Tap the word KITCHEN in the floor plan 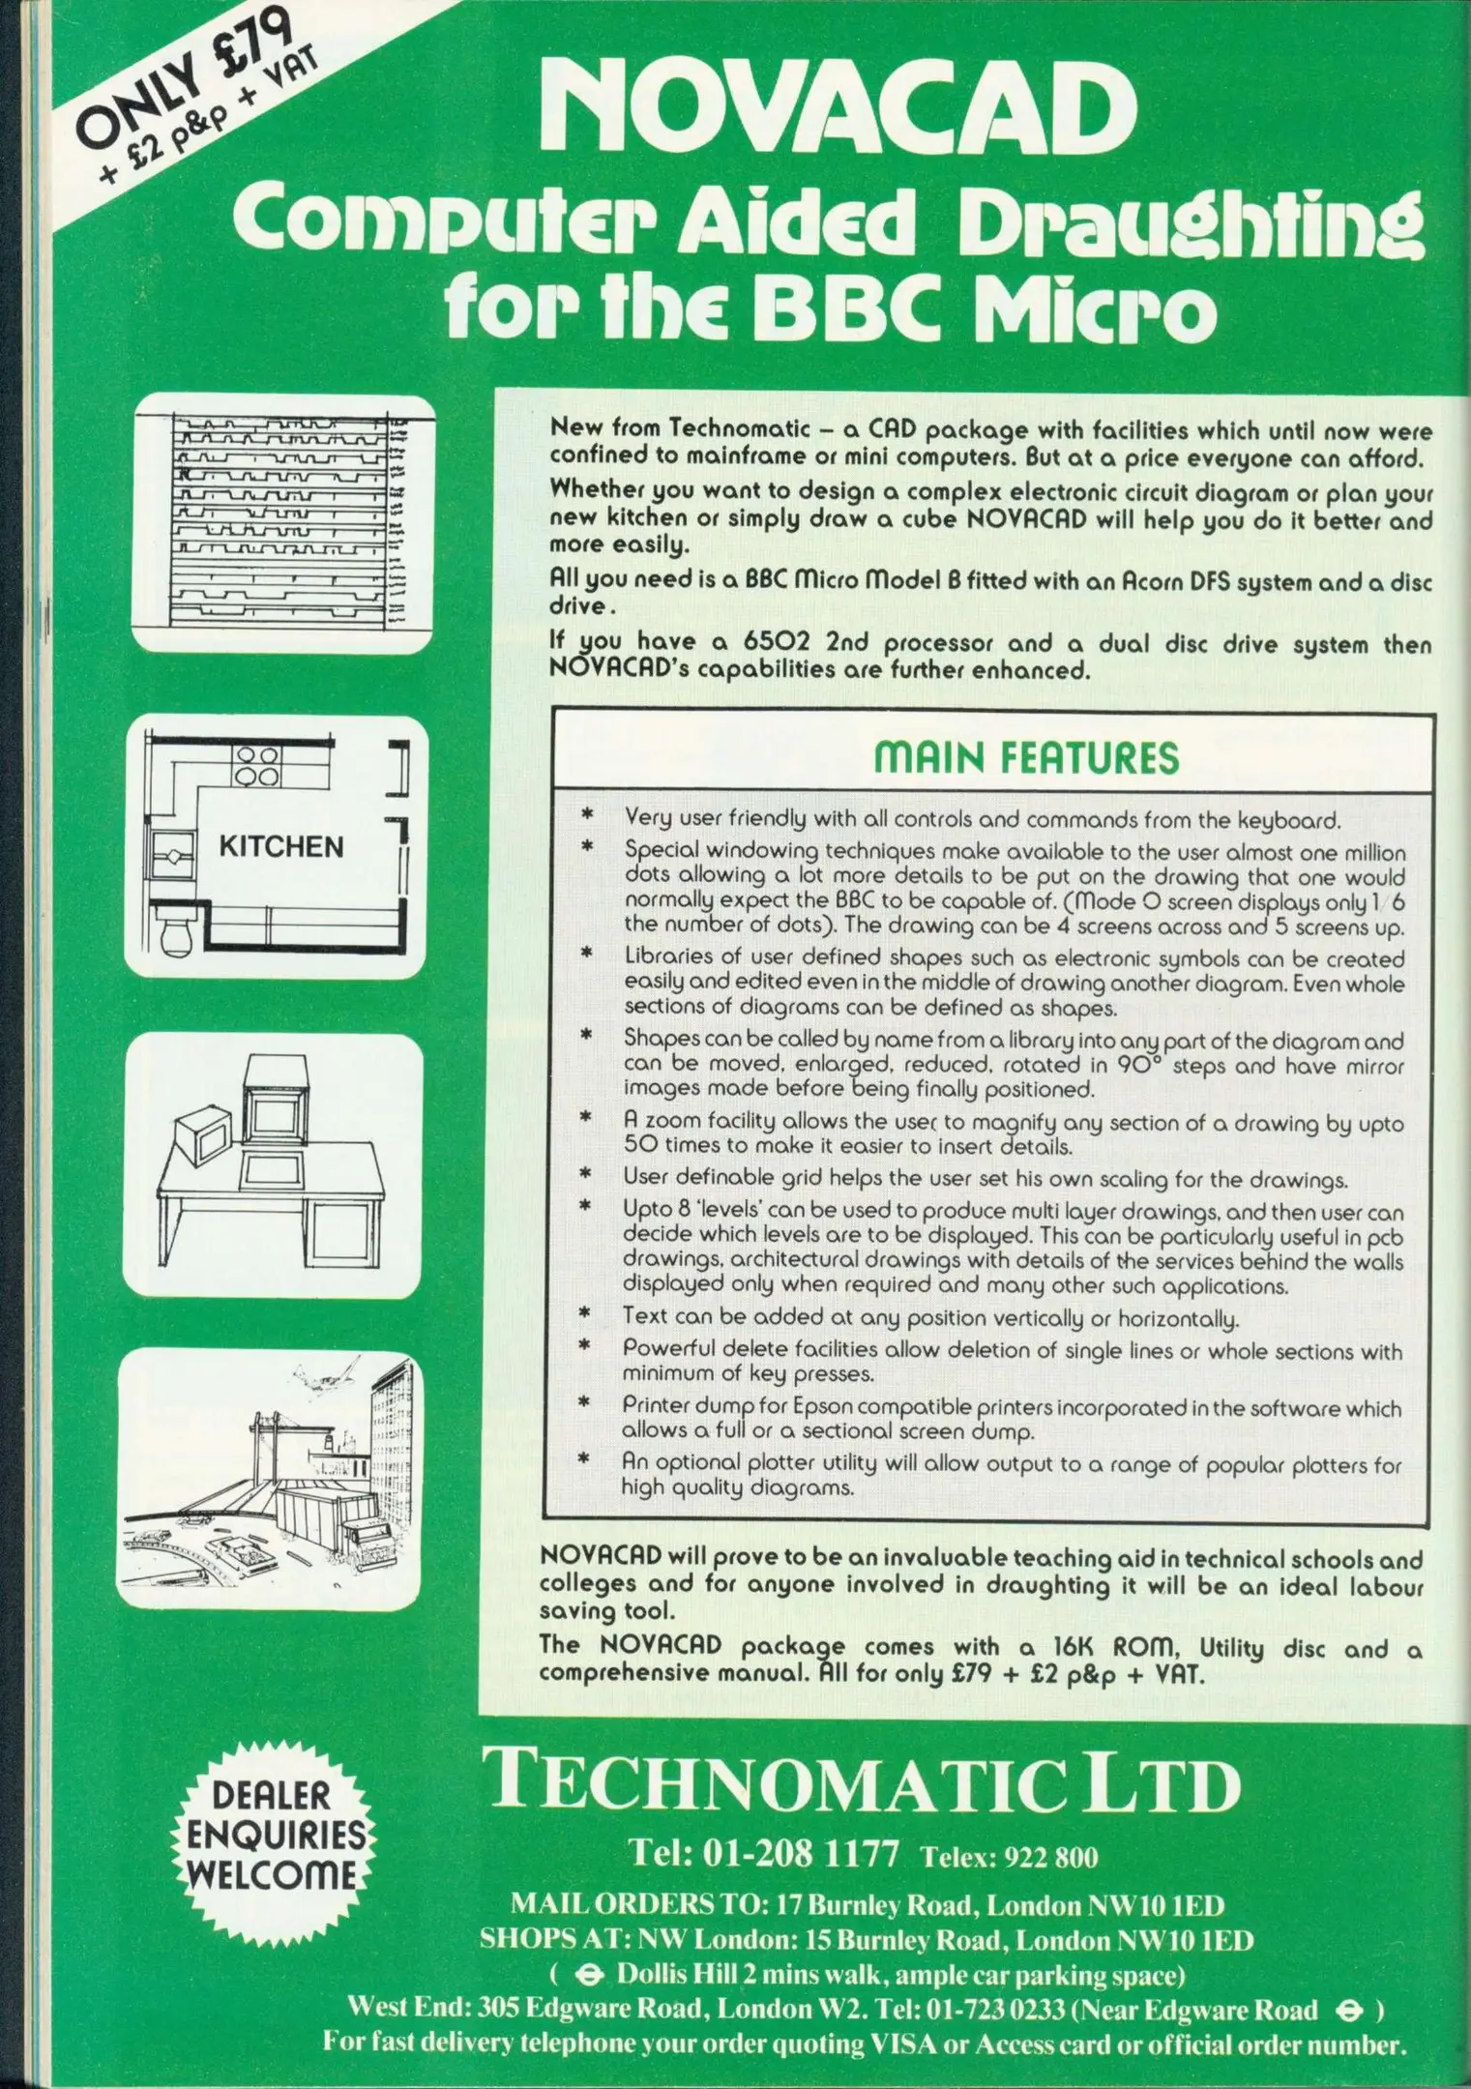(x=280, y=847)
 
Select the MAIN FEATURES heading (x=1026, y=757)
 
